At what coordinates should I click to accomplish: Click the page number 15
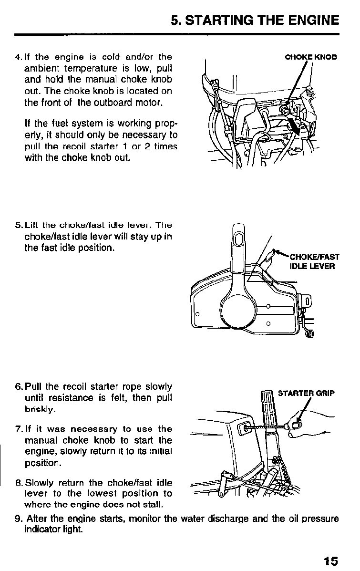pos(329,561)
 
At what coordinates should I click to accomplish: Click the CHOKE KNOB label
pos(310,57)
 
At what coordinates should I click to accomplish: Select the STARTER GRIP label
pos(306,394)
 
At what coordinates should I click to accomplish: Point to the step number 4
pos(17,58)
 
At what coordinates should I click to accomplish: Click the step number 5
pos(17,225)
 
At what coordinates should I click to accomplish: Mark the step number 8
pos(18,484)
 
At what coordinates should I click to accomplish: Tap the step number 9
pos(18,519)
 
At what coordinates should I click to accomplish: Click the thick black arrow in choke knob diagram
pos(295,128)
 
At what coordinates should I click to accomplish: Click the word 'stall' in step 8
pos(153,505)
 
